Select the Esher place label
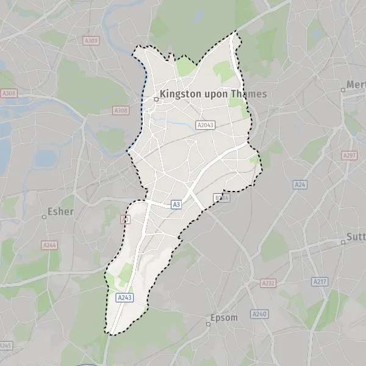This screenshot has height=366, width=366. point(60,212)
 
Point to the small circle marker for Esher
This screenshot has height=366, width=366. point(44,217)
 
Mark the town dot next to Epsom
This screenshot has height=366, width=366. point(208,324)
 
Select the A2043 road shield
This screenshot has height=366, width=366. point(206,124)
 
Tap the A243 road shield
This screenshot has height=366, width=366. point(124,297)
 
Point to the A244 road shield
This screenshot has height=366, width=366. point(49,245)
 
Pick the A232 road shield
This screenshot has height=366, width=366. point(268,283)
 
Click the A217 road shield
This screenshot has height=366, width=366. point(320,281)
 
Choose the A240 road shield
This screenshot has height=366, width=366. point(260,314)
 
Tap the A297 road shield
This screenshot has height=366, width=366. point(349,156)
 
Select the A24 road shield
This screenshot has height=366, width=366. point(300,184)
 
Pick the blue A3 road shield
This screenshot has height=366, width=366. point(176,205)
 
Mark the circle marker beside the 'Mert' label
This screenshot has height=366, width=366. point(343,90)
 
